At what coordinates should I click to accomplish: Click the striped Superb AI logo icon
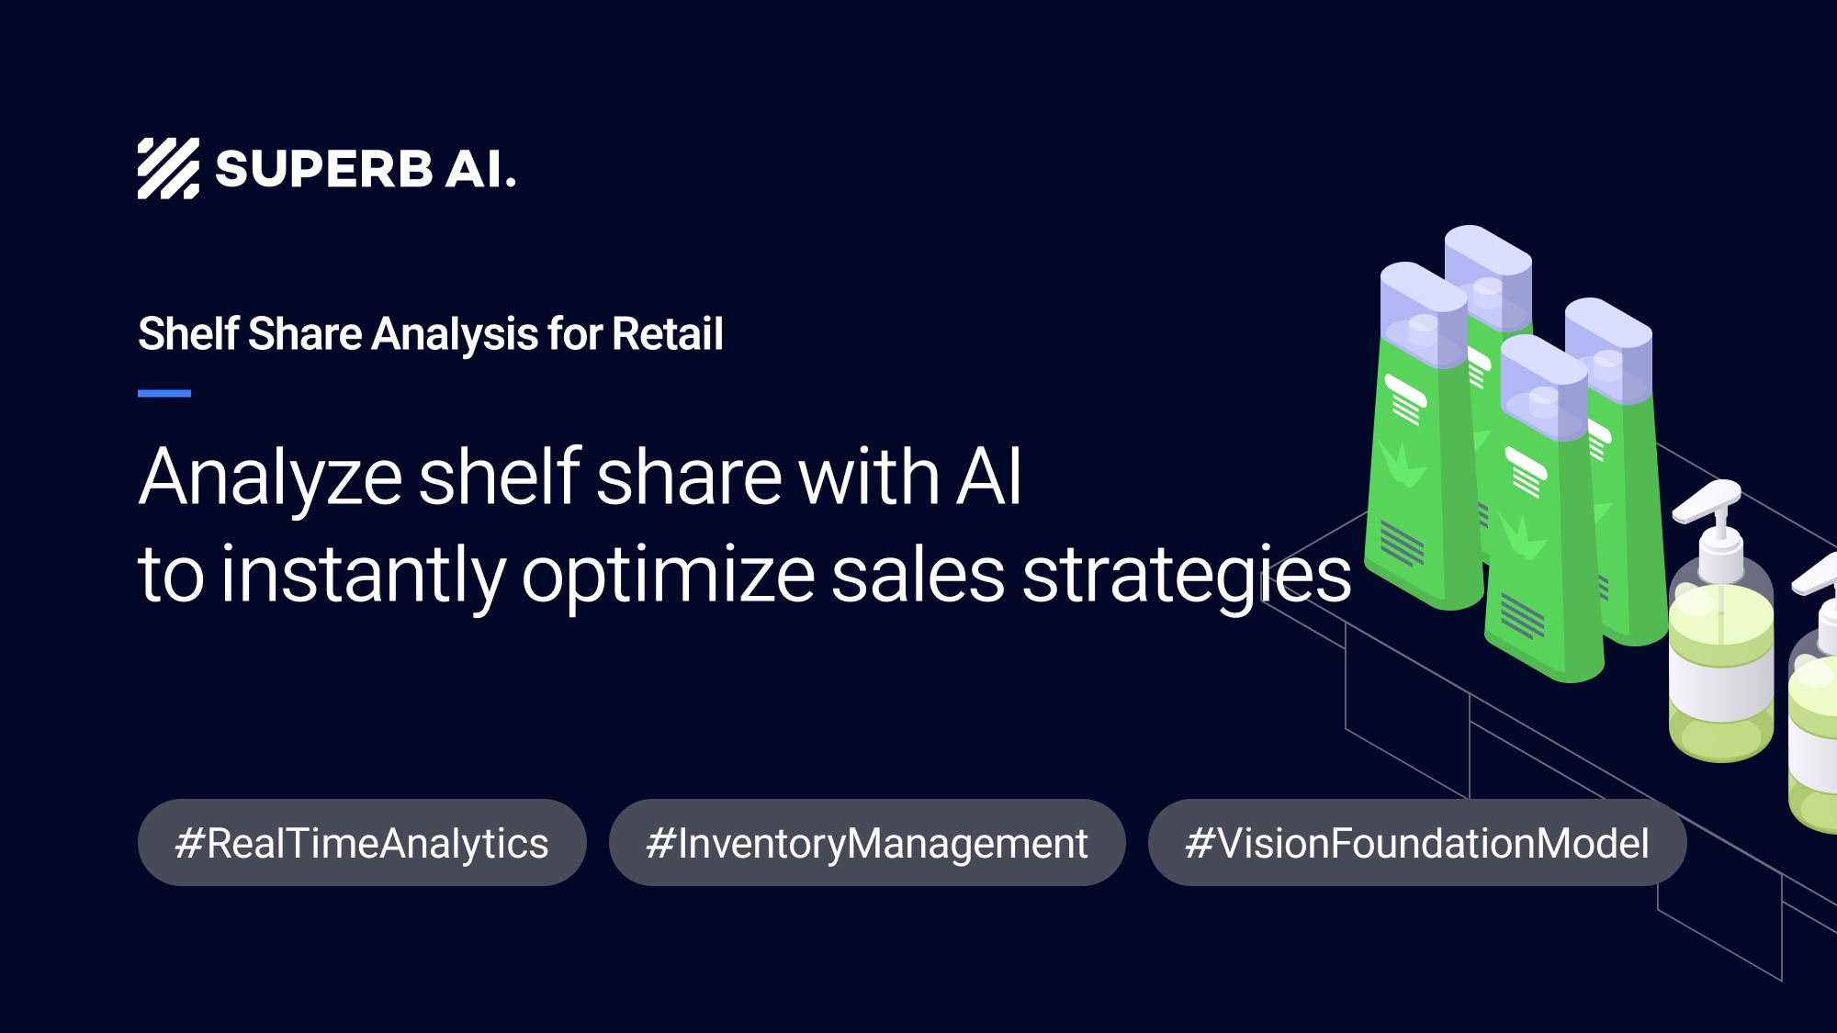click(168, 169)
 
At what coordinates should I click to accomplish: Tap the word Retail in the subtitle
click(668, 333)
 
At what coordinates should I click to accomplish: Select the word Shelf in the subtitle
click(188, 333)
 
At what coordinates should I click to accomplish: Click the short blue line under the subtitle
click(164, 393)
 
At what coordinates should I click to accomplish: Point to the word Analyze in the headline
click(270, 478)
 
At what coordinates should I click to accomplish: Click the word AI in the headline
click(988, 477)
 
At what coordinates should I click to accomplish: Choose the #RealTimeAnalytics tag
click(362, 843)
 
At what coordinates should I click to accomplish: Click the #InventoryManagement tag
click(867, 843)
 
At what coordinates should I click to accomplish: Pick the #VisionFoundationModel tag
click(1417, 843)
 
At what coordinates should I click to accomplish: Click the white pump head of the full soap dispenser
click(1708, 500)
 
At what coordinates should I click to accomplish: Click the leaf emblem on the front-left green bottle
click(1402, 464)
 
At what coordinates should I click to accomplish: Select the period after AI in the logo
click(511, 184)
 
